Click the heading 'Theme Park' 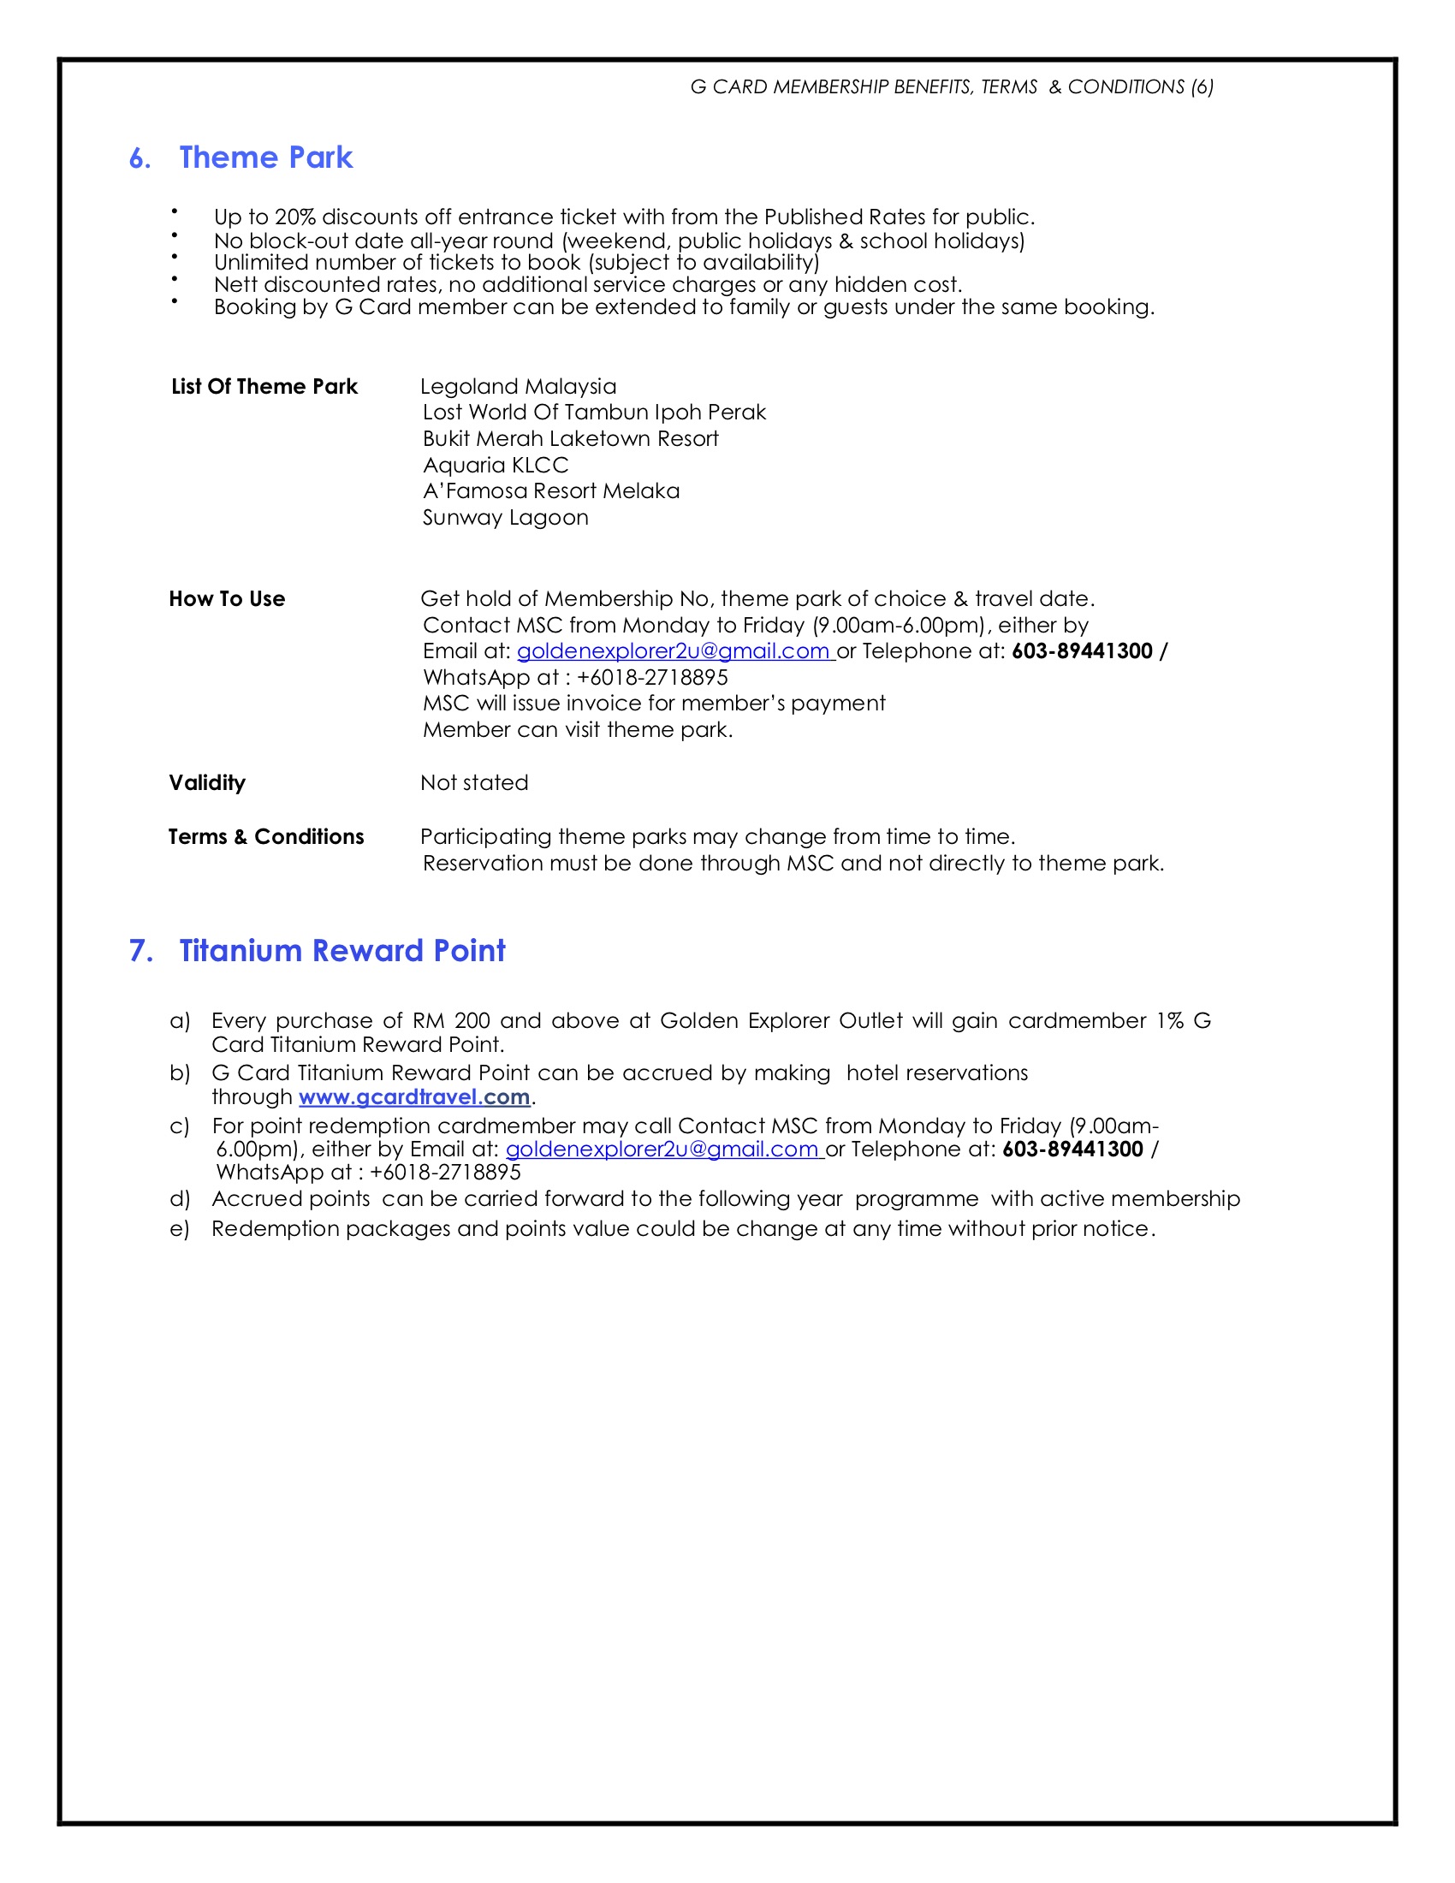265,157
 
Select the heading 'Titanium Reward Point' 341,950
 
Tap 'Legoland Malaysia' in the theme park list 518,386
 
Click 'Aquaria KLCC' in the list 496,466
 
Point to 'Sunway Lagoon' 505,518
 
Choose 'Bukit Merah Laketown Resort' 571,439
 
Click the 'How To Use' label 227,599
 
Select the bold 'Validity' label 207,783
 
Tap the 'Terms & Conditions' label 265,837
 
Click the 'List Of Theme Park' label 264,387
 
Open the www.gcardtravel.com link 413,1096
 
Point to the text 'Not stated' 474,783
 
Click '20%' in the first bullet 295,217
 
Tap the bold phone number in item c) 1072,1149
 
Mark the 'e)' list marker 179,1229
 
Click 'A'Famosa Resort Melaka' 551,491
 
